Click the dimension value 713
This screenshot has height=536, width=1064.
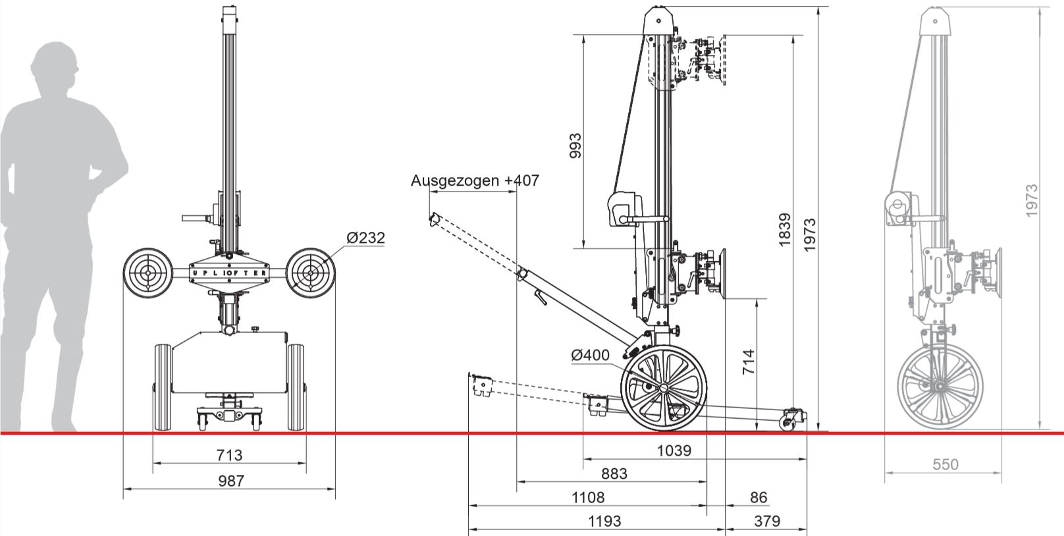point(229,454)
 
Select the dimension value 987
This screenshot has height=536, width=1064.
point(230,481)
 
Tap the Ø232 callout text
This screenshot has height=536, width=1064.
point(365,238)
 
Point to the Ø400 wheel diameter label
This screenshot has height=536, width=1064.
point(591,355)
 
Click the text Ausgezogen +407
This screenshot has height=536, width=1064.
point(475,180)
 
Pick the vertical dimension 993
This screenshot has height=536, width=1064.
point(575,146)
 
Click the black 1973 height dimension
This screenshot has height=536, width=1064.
point(810,234)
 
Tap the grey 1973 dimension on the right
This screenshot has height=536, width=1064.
point(1031,200)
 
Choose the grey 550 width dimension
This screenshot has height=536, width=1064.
point(945,464)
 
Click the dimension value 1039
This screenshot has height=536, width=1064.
point(674,450)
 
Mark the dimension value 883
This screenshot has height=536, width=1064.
point(614,473)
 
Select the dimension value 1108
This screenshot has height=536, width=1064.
point(588,497)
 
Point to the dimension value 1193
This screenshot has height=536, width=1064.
point(604,522)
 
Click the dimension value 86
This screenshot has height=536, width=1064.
point(758,497)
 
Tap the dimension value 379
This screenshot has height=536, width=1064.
point(766,522)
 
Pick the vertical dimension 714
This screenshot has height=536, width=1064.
point(749,362)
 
